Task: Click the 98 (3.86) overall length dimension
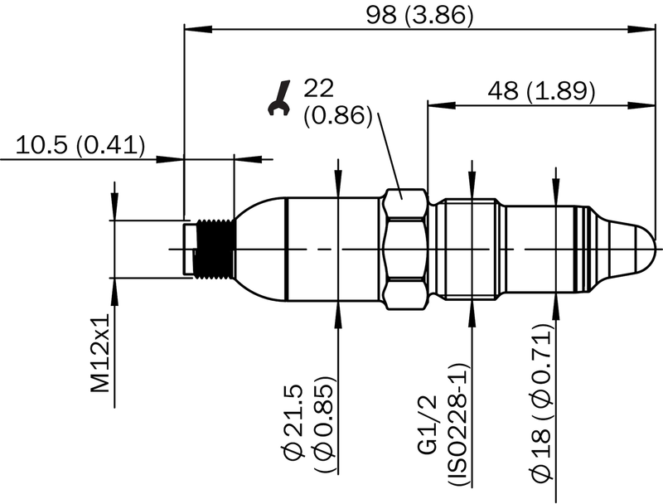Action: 419,15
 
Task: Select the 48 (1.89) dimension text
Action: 541,90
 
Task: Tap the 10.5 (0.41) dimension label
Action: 80,145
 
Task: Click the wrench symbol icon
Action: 279,98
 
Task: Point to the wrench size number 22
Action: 319,88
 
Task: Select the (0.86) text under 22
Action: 338,115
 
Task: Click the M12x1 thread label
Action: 100,353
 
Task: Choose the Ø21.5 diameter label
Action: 295,422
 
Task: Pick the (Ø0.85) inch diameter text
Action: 325,424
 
